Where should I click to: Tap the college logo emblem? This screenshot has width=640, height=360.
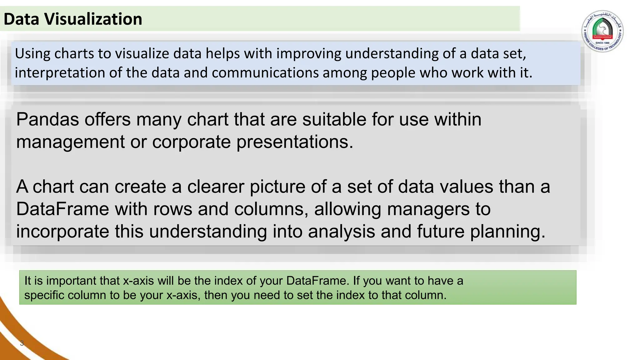(x=602, y=31)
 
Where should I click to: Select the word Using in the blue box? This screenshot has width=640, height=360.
(x=32, y=54)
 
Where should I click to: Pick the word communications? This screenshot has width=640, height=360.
(x=265, y=73)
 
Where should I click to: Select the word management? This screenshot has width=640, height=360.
(x=70, y=142)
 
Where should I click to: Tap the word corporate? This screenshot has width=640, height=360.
(x=191, y=142)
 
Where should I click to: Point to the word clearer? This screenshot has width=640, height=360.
(x=215, y=187)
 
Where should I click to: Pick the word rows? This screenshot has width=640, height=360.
(x=172, y=209)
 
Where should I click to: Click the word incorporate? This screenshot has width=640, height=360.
(x=62, y=232)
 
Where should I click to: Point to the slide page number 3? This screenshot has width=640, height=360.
(x=22, y=343)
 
